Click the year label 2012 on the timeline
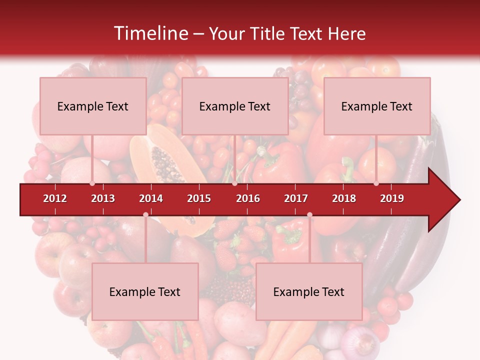(x=55, y=198)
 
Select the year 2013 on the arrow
(x=103, y=198)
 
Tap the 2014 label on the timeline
(x=151, y=198)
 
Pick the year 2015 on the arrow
(x=199, y=198)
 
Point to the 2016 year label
(x=248, y=198)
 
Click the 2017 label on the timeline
(x=296, y=198)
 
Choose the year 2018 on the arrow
(x=344, y=198)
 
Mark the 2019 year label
(x=392, y=198)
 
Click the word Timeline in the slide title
(x=150, y=33)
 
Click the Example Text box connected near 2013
(x=93, y=106)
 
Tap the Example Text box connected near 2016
(x=235, y=106)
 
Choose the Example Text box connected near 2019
(x=377, y=106)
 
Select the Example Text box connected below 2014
(x=145, y=291)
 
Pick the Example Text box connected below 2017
(x=309, y=291)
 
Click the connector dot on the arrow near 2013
(x=92, y=183)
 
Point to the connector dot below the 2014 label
(x=145, y=214)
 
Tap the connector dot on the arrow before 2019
(x=376, y=183)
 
